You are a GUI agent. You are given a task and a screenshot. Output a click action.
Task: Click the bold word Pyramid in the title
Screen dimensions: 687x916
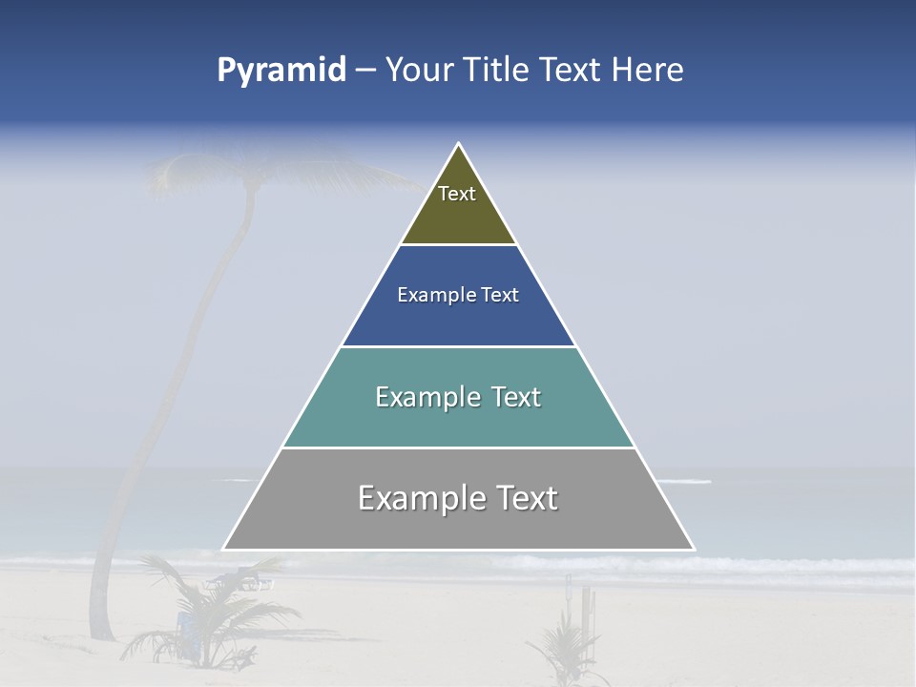[281, 70]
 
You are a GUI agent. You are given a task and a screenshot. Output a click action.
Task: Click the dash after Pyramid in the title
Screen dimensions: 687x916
[364, 71]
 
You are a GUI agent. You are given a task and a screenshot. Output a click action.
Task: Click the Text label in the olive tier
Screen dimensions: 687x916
[457, 194]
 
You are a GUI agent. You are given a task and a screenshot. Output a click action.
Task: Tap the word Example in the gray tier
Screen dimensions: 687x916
[419, 498]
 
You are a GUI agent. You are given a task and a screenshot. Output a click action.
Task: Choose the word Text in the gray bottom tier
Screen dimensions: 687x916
[523, 498]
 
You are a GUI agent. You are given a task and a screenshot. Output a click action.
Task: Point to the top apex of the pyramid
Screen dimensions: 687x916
[459, 144]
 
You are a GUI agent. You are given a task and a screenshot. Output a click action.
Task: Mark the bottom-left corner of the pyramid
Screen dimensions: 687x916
[224, 549]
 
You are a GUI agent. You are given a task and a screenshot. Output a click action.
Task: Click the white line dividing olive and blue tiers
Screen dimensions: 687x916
[459, 245]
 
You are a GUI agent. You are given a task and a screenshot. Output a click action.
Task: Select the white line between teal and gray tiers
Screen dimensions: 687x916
[459, 448]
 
